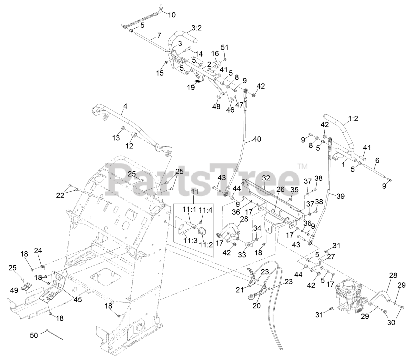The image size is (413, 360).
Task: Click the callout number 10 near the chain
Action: pyautogui.click(x=172, y=15)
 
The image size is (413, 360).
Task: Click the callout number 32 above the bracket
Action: pyautogui.click(x=266, y=178)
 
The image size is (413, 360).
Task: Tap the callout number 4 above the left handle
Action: pyautogui.click(x=125, y=105)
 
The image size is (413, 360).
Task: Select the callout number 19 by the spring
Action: pyautogui.click(x=191, y=87)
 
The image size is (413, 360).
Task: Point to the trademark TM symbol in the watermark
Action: pyautogui.click(x=303, y=166)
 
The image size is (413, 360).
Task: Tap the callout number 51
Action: pyautogui.click(x=225, y=47)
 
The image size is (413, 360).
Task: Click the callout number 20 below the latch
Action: pyautogui.click(x=257, y=305)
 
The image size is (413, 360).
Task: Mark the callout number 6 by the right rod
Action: pyautogui.click(x=377, y=160)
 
